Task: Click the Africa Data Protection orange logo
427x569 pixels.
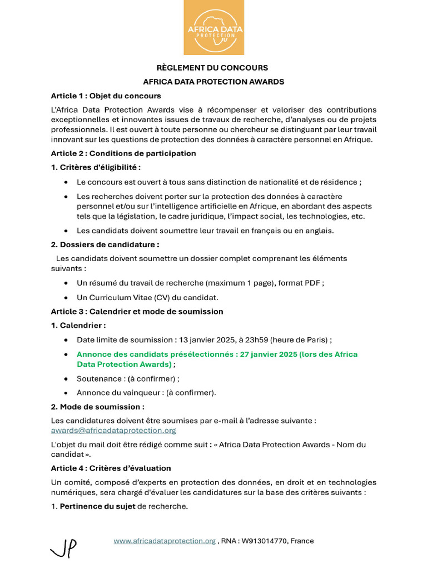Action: [214, 28]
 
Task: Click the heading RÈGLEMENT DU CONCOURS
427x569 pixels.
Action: [213, 68]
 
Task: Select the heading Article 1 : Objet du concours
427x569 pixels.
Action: [106, 96]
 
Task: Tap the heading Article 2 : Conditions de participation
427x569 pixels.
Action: [123, 153]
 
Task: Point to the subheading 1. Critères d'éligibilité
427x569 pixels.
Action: [96, 167]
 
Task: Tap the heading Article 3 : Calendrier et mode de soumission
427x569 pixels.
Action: [137, 311]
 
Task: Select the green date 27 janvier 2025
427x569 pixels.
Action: [268, 354]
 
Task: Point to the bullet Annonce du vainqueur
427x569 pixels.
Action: [146, 393]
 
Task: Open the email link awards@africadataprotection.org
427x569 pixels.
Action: [113, 431]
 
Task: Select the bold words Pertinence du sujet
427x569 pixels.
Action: [97, 507]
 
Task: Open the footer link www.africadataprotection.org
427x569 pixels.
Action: [165, 541]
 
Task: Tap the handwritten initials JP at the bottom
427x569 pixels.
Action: [64, 548]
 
